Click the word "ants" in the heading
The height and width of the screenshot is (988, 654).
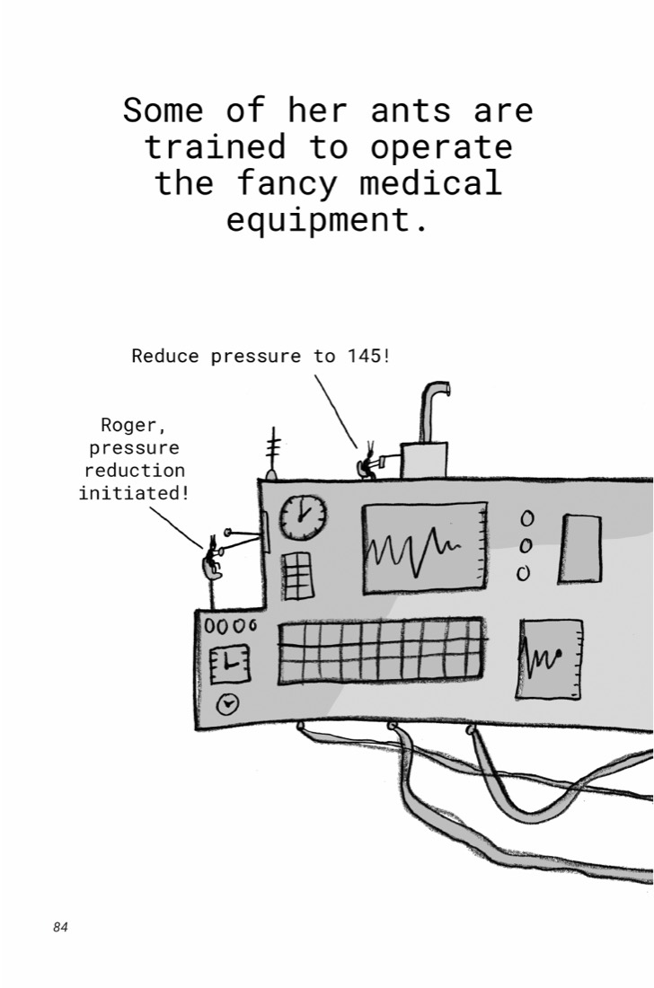coord(411,110)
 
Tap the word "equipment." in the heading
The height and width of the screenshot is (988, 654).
coord(327,220)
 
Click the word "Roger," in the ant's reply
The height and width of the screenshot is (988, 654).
coord(134,426)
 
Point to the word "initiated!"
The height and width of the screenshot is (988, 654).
coord(134,493)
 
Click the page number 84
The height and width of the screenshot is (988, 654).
coord(60,927)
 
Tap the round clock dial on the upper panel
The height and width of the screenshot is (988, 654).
coord(303,517)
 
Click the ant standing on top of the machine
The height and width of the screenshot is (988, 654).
coord(367,464)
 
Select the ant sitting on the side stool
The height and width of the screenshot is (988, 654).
coord(212,559)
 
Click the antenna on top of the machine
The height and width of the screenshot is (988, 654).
coord(272,453)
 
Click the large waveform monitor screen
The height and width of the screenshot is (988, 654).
coord(425,548)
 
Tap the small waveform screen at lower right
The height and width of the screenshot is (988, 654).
coord(550,659)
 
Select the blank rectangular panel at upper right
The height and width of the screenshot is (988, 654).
coord(579,549)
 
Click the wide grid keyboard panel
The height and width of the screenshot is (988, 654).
coord(381,650)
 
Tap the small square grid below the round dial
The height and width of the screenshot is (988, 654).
coord(296,576)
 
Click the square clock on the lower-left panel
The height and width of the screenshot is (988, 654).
coord(229,664)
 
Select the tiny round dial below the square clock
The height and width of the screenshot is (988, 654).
coord(227,704)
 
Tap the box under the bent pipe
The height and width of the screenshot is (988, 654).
coord(424,459)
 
